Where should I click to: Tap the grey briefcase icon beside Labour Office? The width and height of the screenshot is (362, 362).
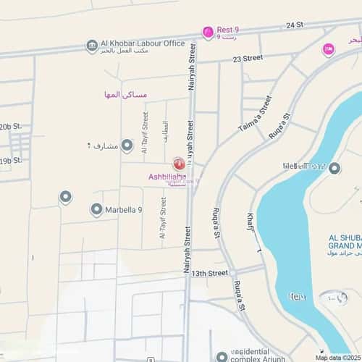[x=92, y=46]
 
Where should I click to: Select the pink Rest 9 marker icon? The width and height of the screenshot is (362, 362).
[x=209, y=32]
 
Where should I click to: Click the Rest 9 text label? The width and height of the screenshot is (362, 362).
[x=228, y=30]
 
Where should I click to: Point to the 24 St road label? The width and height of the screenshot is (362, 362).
[x=294, y=25]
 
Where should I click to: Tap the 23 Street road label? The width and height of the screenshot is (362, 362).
[x=243, y=57]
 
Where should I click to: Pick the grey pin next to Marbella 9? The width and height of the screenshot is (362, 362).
[x=96, y=210]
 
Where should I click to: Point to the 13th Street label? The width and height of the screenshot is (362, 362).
[x=209, y=273]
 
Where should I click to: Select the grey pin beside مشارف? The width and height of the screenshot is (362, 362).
[x=127, y=146]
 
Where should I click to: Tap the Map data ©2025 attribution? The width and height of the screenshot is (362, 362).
[x=337, y=358]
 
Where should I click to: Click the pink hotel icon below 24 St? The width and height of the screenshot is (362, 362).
[x=328, y=49]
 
